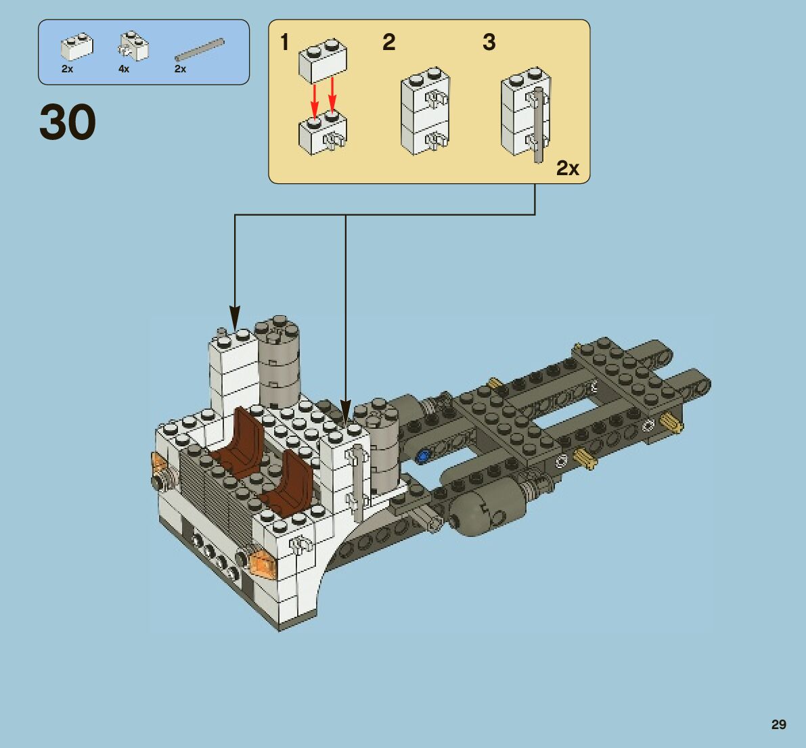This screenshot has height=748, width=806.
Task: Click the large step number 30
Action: pyautogui.click(x=68, y=122)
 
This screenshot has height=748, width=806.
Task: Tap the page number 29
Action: pyautogui.click(x=778, y=724)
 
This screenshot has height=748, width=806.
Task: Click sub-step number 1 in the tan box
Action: pyautogui.click(x=285, y=43)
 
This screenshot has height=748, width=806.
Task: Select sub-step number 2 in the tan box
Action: pyautogui.click(x=388, y=43)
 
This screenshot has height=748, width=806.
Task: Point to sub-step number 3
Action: pyautogui.click(x=489, y=43)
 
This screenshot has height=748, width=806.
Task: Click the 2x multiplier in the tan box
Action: pyautogui.click(x=567, y=168)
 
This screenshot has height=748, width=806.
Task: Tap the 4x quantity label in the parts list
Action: pyautogui.click(x=123, y=69)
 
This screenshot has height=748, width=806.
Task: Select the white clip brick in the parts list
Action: pyautogui.click(x=134, y=46)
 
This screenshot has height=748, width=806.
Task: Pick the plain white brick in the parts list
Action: pyautogui.click(x=76, y=47)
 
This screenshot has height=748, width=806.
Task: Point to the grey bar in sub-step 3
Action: pyautogui.click(x=539, y=125)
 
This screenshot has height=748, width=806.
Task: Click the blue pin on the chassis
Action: pyautogui.click(x=425, y=455)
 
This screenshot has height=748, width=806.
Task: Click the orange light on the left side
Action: pyautogui.click(x=160, y=464)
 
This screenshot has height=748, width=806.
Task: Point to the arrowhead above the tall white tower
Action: pyautogui.click(x=235, y=317)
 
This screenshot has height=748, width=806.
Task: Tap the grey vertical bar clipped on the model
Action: pyautogui.click(x=359, y=480)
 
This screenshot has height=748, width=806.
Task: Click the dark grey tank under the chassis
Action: pyautogui.click(x=486, y=511)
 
